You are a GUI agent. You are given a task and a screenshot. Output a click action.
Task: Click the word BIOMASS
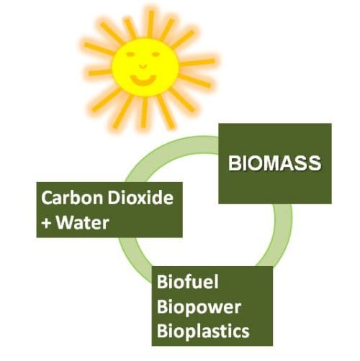click(274, 163)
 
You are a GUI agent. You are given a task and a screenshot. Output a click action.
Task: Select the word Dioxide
click(140, 198)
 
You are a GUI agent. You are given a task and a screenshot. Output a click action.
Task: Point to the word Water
click(83, 222)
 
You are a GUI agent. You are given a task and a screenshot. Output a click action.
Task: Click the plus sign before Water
click(47, 224)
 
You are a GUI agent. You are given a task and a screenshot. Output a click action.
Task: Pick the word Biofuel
click(187, 282)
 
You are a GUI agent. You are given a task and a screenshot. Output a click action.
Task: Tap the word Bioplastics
click(203, 332)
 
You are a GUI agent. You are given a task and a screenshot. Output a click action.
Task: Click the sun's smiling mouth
click(143, 80)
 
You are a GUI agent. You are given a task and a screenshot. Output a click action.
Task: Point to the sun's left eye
click(130, 55)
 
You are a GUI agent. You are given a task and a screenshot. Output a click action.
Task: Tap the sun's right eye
click(156, 54)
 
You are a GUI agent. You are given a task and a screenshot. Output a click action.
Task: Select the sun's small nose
click(143, 65)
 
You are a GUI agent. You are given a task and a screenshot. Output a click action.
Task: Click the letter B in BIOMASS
click(234, 163)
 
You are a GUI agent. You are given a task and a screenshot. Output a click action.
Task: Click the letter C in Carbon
click(48, 198)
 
